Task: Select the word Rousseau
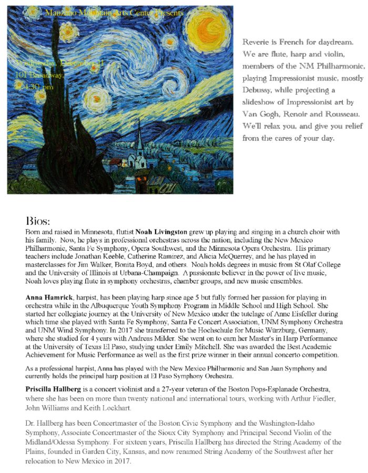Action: (341, 114)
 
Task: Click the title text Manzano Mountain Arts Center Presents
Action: (114, 12)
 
